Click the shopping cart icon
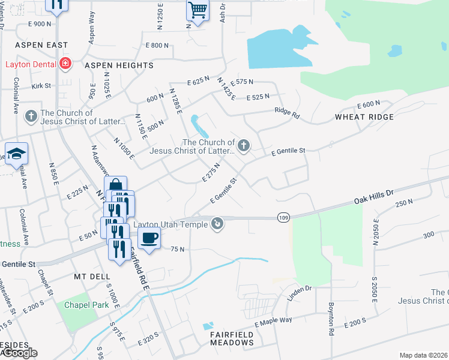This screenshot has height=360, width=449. pos(197,10)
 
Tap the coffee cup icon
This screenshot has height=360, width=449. pos(149,237)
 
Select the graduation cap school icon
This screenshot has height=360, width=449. pos(17,154)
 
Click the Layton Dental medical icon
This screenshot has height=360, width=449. pos(64,64)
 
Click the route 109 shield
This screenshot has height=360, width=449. pos(285,216)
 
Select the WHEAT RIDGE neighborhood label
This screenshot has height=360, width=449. pos(364,117)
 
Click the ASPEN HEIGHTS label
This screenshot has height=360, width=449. pos(119,65)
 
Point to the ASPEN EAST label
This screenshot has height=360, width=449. pos(42,45)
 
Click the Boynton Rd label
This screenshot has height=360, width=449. pos(331,319)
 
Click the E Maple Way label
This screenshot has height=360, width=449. pos(273,322)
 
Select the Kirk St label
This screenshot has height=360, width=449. pos(41,86)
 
